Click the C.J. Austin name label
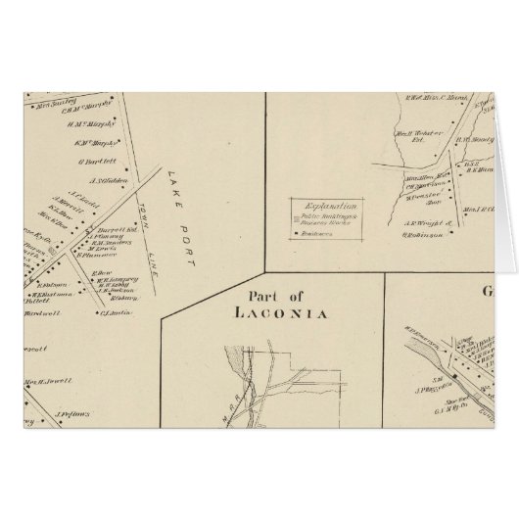116,313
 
